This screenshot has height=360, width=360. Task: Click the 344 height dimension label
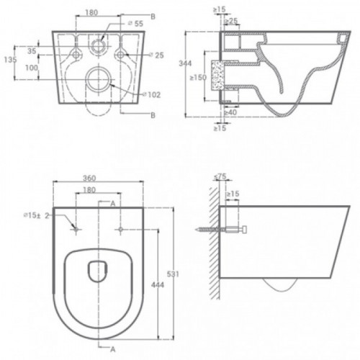[186, 63]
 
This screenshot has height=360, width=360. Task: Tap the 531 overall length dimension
[173, 274]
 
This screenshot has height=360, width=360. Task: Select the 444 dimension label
[158, 285]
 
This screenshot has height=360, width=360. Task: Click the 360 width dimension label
[89, 178]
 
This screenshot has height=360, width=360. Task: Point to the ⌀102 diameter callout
[152, 95]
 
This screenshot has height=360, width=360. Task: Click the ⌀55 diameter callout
[135, 24]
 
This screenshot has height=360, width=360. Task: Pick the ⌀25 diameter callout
[156, 55]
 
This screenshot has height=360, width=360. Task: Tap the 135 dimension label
[10, 60]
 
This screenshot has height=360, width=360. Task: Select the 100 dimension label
[32, 68]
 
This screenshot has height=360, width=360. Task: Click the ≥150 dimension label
[198, 78]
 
